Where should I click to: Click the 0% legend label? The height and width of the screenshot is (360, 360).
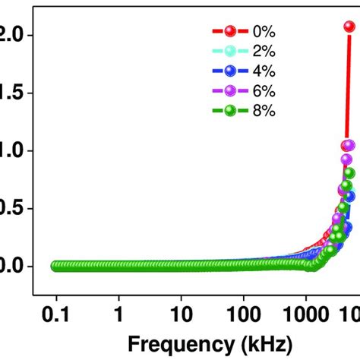tap(262, 31)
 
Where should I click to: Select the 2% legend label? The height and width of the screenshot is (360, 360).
tap(262, 51)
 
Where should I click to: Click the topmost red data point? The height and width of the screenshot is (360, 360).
tap(349, 27)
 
